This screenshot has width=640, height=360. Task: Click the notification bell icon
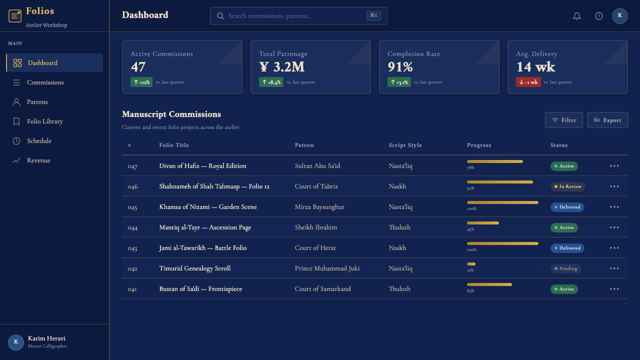point(577,16)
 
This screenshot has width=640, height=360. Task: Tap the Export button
point(607,120)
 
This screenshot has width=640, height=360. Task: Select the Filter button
point(563,120)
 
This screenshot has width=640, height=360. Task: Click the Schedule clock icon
point(16,141)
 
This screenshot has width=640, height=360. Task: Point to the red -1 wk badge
point(528,82)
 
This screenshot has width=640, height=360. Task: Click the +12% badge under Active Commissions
point(141,82)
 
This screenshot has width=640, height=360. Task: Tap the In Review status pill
point(567,186)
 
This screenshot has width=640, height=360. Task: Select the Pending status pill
point(565,268)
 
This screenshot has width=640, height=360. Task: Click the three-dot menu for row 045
point(614,207)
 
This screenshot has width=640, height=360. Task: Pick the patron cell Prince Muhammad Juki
point(327,268)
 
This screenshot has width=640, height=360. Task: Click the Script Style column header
point(405,145)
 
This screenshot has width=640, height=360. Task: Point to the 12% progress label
point(470,270)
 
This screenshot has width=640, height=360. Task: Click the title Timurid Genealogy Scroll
point(195,268)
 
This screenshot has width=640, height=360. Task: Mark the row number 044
point(132,227)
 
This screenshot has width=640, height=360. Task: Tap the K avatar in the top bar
point(619,15)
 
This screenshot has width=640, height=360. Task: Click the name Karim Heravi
point(46,338)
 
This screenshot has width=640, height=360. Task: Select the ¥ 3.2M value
point(281,67)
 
